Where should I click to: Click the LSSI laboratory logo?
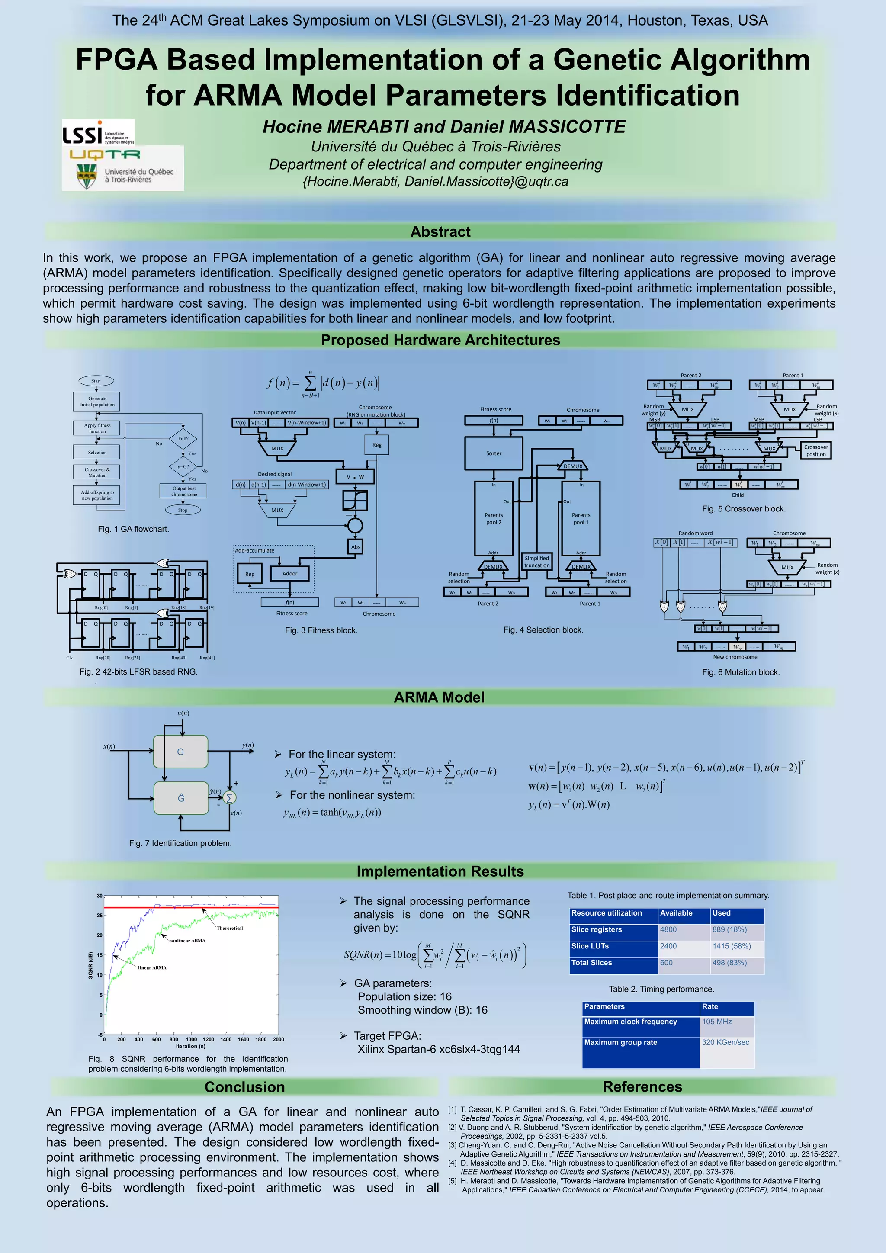(x=98, y=133)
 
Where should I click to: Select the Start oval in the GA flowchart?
(x=96, y=381)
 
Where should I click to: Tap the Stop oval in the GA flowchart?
(x=183, y=510)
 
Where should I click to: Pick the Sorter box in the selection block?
(x=494, y=453)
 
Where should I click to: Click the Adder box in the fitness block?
(x=290, y=574)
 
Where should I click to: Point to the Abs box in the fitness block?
(x=356, y=547)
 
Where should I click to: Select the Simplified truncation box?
(x=537, y=562)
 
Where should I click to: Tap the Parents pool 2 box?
(x=494, y=518)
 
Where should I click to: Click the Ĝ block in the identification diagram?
(x=180, y=798)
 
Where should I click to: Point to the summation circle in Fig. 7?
(x=230, y=798)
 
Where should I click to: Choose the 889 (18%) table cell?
(x=736, y=930)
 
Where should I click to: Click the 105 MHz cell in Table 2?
(x=727, y=1022)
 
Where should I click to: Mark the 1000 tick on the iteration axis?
(x=191, y=1040)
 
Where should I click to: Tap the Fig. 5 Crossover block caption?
(x=744, y=509)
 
